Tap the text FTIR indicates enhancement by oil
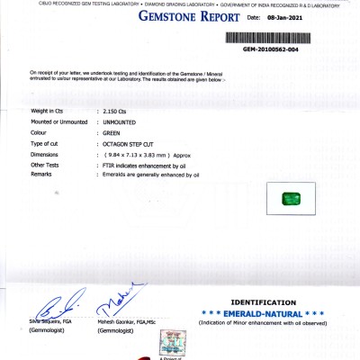(x=144, y=165)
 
